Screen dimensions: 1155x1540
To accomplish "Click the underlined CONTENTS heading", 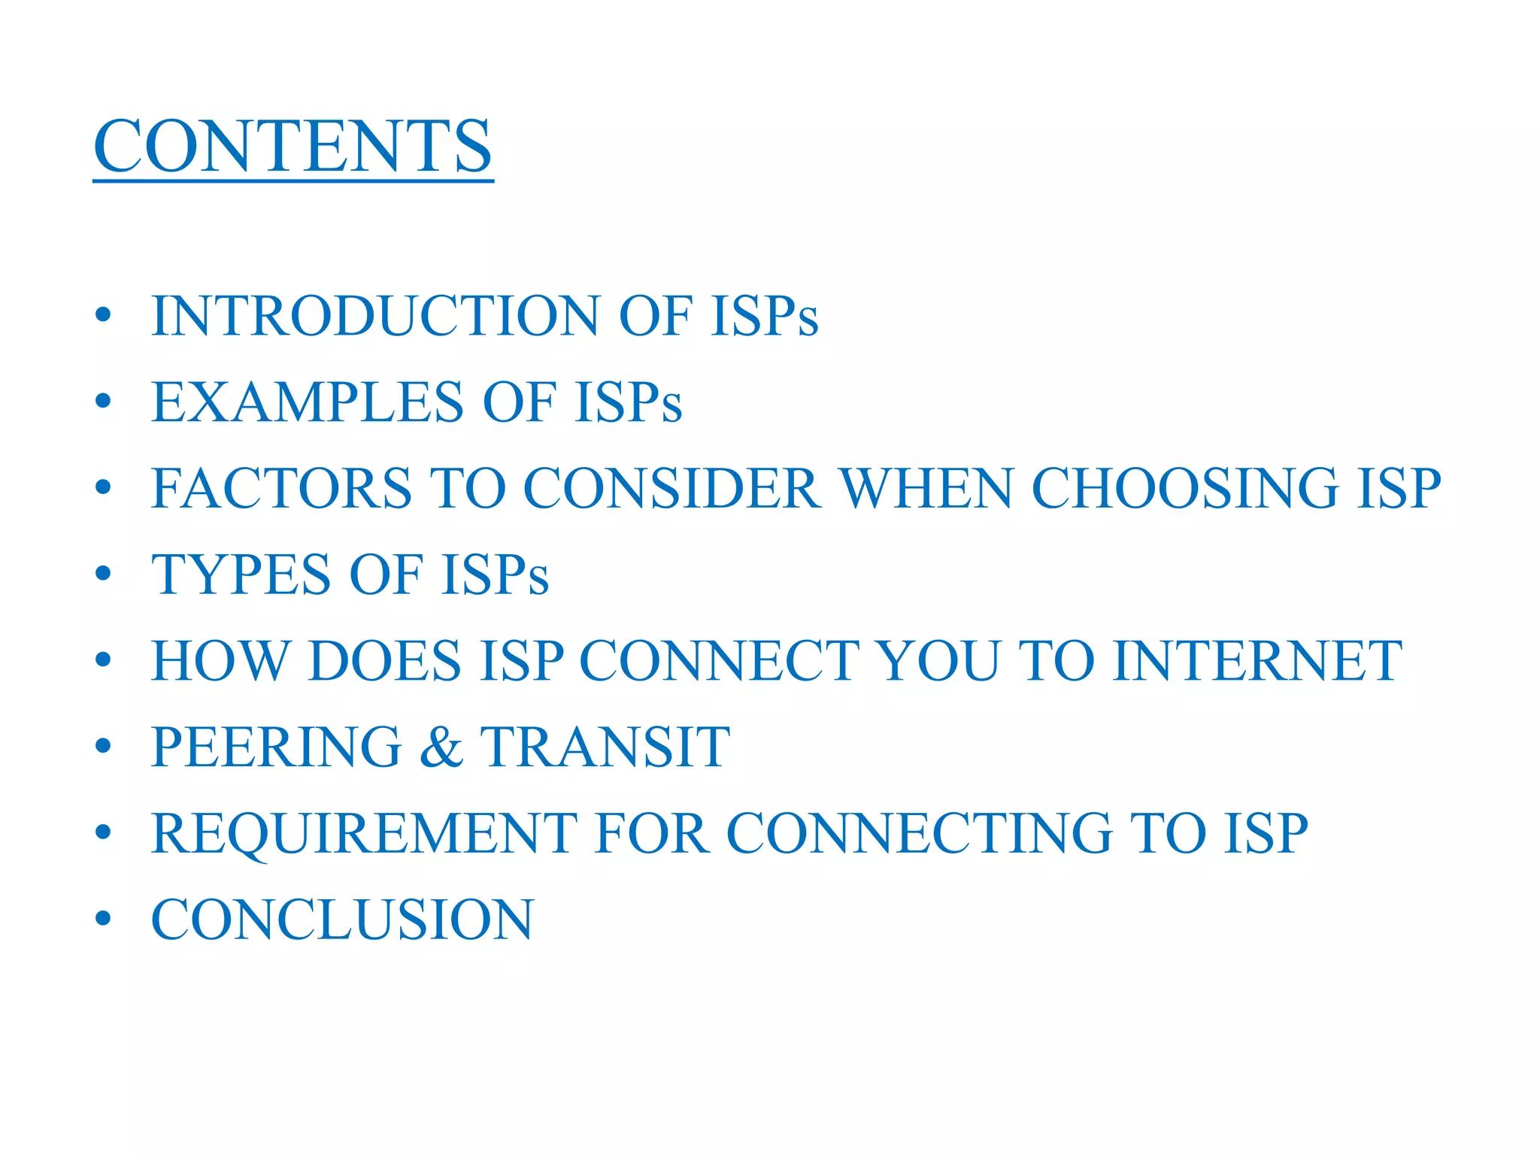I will tap(293, 147).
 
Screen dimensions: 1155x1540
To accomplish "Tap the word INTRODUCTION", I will tap(374, 316).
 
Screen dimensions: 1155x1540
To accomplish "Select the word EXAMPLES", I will tap(308, 402).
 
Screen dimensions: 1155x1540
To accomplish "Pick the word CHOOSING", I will tap(1184, 489).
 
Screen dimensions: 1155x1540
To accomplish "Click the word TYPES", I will tap(241, 575).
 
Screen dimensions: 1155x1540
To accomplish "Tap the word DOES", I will tap(384, 661).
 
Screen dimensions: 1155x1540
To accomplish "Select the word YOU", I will tap(939, 661).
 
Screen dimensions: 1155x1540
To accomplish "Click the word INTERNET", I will tap(1257, 661).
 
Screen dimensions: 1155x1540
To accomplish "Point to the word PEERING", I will tap(277, 747).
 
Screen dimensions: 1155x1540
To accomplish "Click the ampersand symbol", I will tap(441, 747).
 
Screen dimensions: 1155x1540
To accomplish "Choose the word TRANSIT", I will tap(605, 747).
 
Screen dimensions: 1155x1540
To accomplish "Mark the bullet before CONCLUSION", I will tap(104, 919).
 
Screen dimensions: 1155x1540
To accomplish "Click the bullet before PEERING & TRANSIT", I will tap(104, 747).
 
